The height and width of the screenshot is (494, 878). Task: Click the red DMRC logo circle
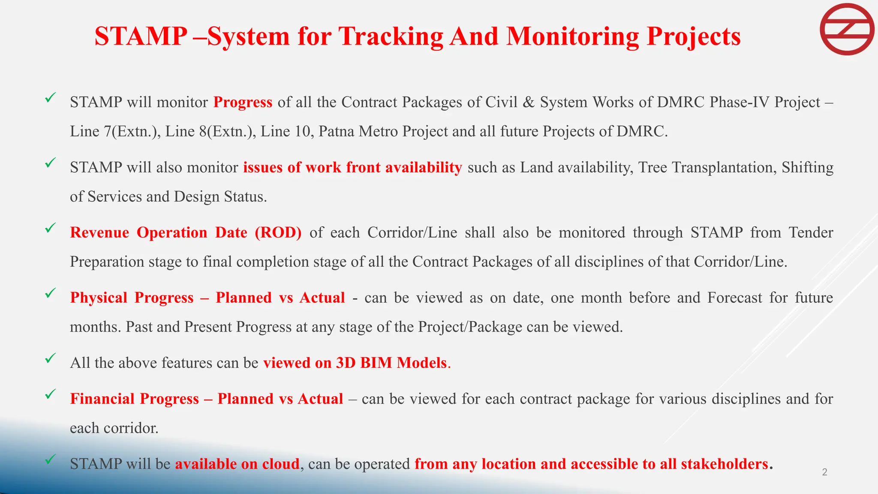[847, 29]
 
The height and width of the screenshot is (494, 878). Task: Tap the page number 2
[824, 472]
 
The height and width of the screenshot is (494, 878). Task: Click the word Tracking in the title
[391, 36]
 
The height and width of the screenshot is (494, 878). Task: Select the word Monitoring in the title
[573, 36]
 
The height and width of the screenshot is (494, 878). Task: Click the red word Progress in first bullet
[243, 102]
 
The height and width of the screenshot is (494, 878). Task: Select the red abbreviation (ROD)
[278, 233]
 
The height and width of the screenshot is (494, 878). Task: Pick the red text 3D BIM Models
[391, 363]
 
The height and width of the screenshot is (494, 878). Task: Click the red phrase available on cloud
[237, 464]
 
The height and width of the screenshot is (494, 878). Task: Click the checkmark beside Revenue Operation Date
[51, 228]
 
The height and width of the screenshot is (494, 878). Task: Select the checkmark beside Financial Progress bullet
[51, 394]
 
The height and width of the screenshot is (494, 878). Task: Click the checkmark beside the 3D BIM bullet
[51, 358]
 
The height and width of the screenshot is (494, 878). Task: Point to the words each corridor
[114, 428]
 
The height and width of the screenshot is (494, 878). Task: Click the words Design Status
[220, 197]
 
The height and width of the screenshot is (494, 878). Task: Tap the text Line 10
[285, 131]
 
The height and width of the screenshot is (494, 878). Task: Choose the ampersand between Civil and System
[529, 102]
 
